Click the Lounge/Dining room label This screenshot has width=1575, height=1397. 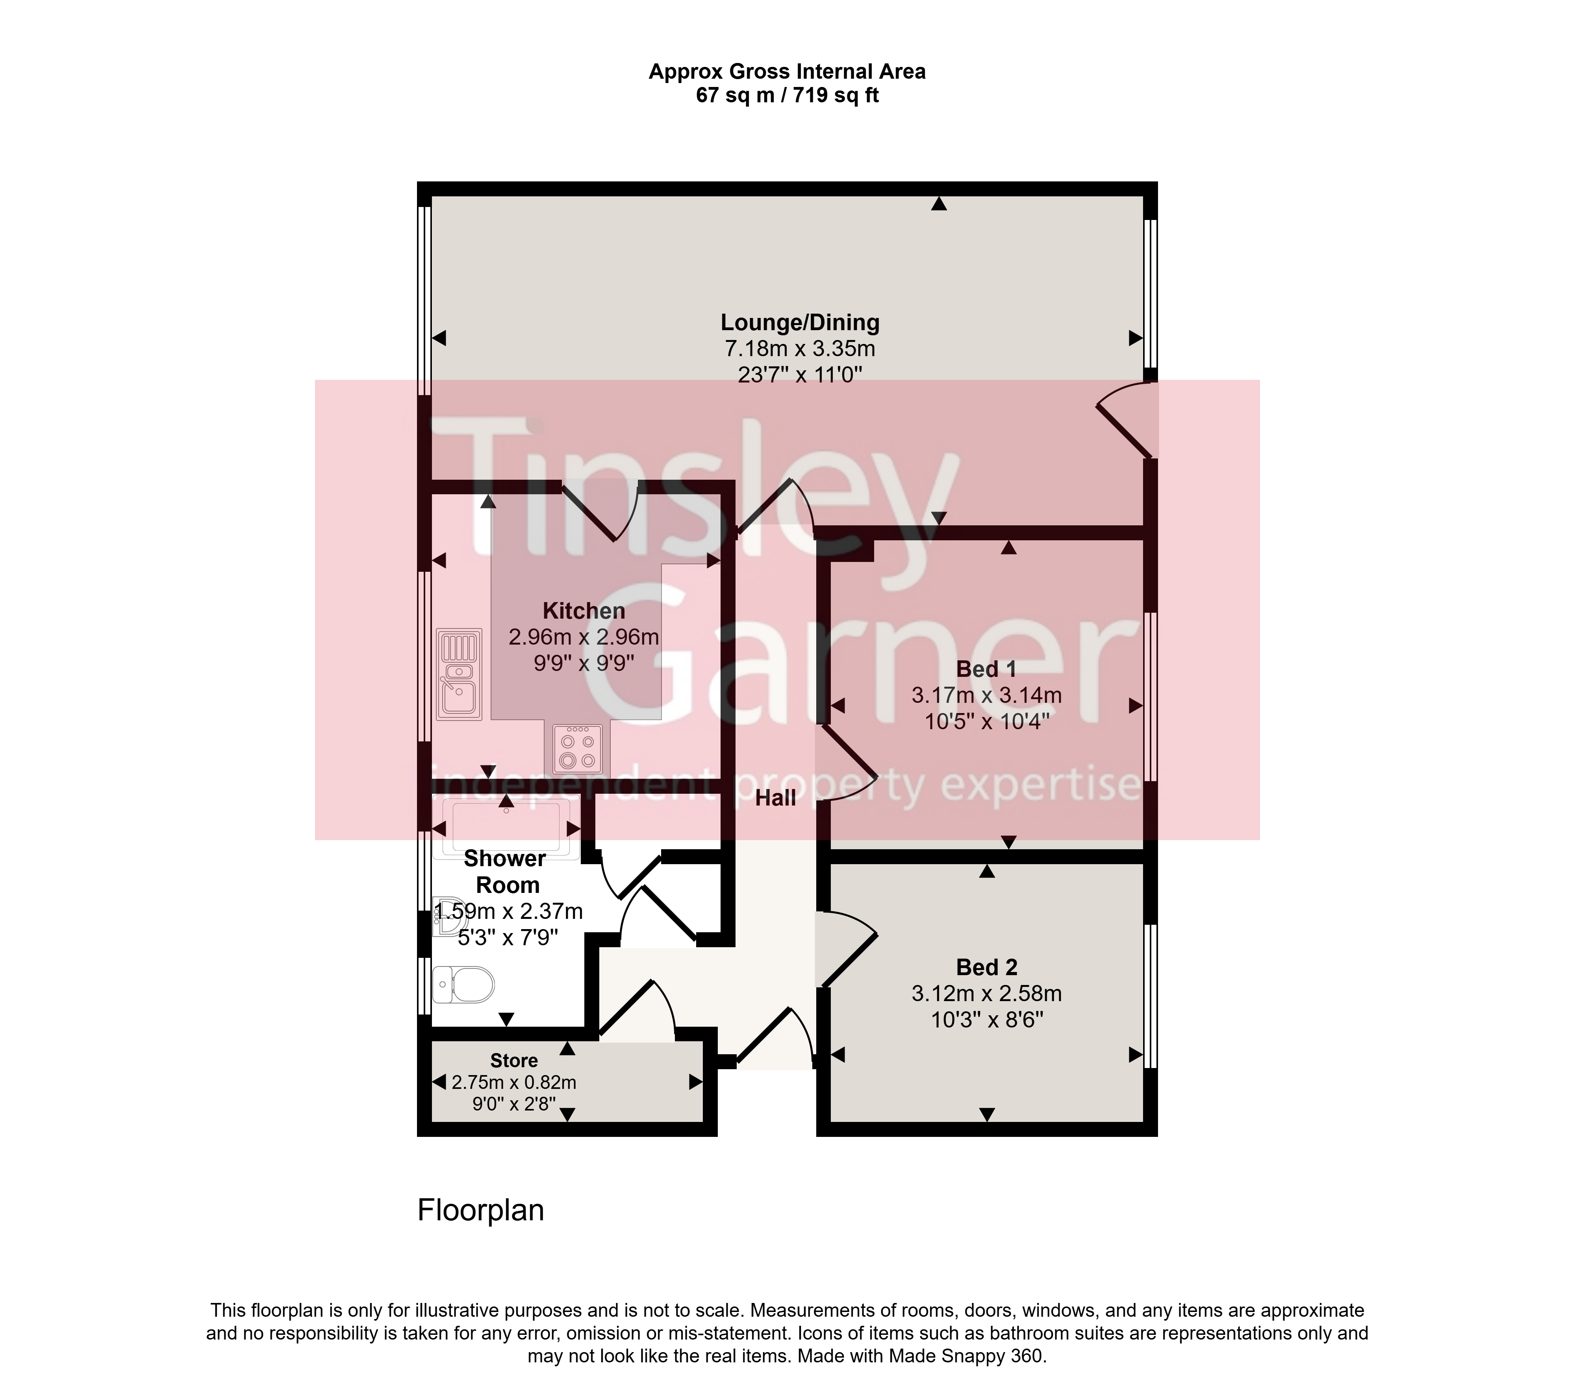point(800,323)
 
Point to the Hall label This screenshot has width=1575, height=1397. point(775,798)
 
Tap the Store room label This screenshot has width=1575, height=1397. point(514,1061)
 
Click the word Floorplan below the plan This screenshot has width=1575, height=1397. point(481,1210)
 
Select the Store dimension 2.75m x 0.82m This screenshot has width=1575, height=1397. point(514,1082)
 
